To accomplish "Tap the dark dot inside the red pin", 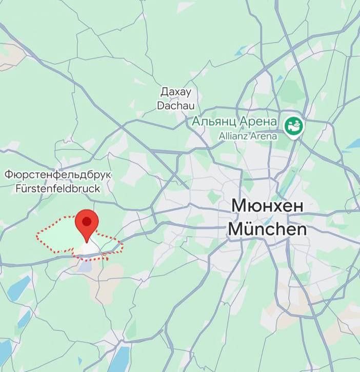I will click(87, 221).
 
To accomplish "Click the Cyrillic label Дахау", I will click(175, 92).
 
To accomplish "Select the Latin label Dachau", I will click(175, 106).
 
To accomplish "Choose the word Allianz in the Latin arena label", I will click(233, 136).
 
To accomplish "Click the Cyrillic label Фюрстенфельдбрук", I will click(58, 174).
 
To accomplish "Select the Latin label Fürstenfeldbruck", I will click(58, 188).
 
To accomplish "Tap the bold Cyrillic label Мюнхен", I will click(267, 206).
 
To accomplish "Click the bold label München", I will click(267, 229).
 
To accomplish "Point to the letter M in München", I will click(236, 229).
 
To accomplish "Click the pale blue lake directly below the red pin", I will click(85, 266).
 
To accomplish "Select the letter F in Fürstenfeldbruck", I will click(19, 188).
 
